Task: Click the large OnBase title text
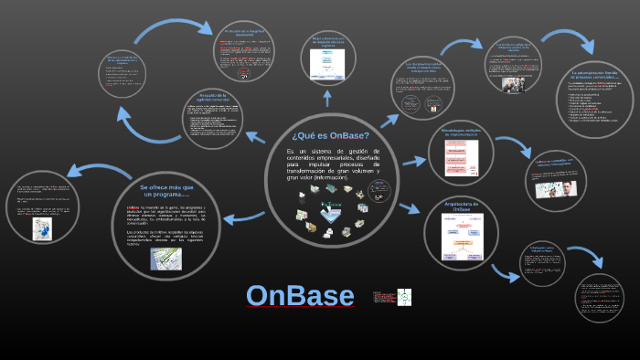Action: [300, 295]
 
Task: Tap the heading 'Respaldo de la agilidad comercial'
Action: [217, 98]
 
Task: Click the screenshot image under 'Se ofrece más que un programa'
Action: [166, 259]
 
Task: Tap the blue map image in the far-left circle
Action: [41, 228]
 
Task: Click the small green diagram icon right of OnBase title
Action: [403, 296]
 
